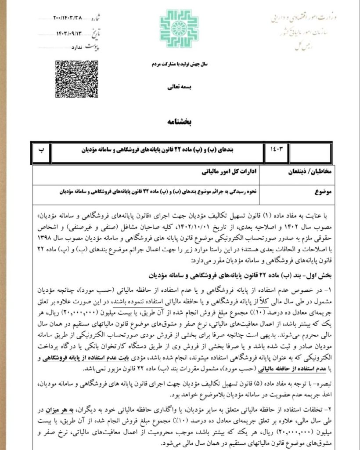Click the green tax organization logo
pos(176,28)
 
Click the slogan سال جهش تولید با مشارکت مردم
pos(179,64)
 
